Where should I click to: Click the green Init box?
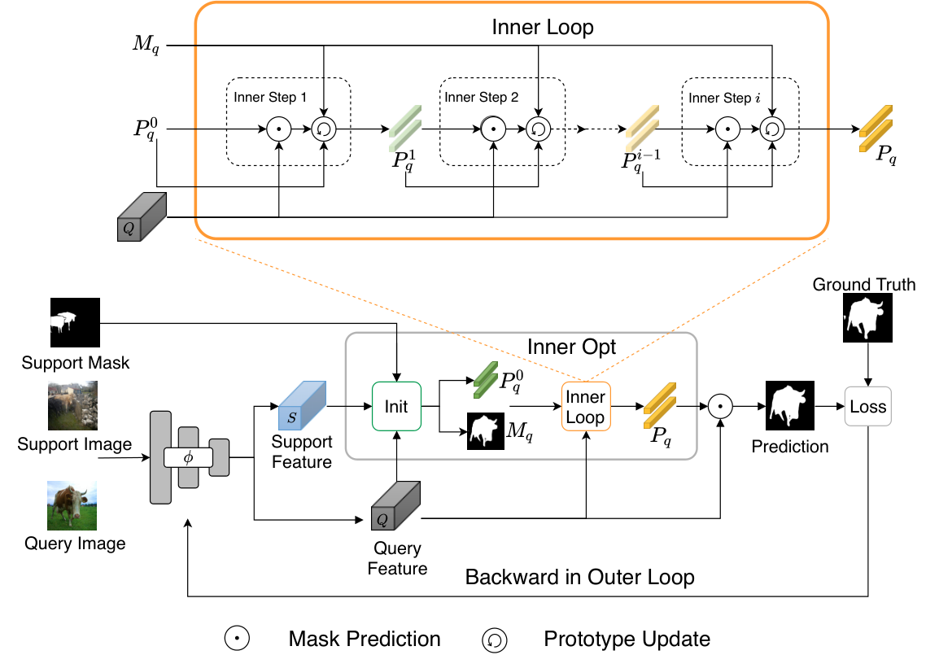click(396, 407)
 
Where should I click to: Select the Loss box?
click(867, 407)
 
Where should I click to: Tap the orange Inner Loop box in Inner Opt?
click(586, 407)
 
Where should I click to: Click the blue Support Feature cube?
click(303, 405)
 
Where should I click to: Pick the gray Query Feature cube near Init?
click(395, 506)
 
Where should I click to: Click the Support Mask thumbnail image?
click(75, 323)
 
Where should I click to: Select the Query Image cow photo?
click(72, 505)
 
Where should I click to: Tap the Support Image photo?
click(72, 405)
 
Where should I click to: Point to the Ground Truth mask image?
click(867, 317)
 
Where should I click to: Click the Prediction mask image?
click(790, 405)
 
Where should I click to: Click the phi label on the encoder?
click(188, 458)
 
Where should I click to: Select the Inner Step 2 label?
click(482, 97)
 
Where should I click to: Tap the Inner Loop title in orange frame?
click(543, 27)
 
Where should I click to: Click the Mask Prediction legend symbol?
click(237, 638)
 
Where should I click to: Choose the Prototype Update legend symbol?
click(495, 640)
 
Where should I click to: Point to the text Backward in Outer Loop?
click(579, 577)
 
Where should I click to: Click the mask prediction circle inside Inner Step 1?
click(278, 129)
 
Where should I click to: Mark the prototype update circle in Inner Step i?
click(772, 129)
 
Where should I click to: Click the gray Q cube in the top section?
click(142, 216)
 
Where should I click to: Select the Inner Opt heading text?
click(571, 347)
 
